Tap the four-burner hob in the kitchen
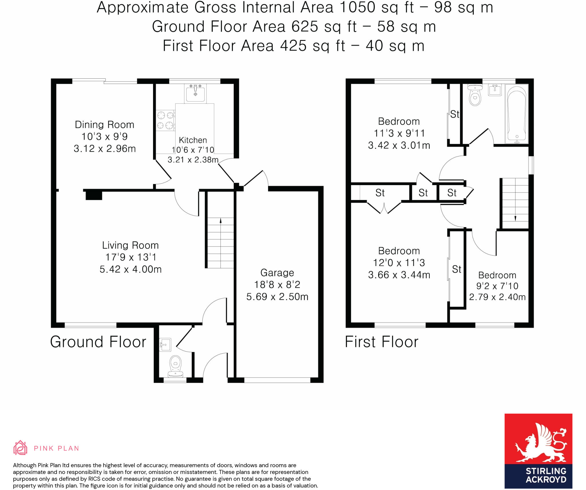point(165,120)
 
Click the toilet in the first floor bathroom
point(475,96)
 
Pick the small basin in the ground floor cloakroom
point(165,345)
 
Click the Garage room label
point(277,273)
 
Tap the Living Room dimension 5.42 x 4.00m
point(130,269)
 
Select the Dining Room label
point(104,125)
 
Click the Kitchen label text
point(193,140)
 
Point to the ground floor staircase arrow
point(220,221)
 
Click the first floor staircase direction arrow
point(515,218)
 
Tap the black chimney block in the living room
point(94,195)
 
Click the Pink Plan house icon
point(20,448)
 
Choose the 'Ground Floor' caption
point(98,342)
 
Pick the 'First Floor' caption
point(381,342)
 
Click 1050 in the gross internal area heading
point(357,7)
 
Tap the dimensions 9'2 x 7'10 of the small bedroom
point(497,286)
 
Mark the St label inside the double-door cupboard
point(380,193)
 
